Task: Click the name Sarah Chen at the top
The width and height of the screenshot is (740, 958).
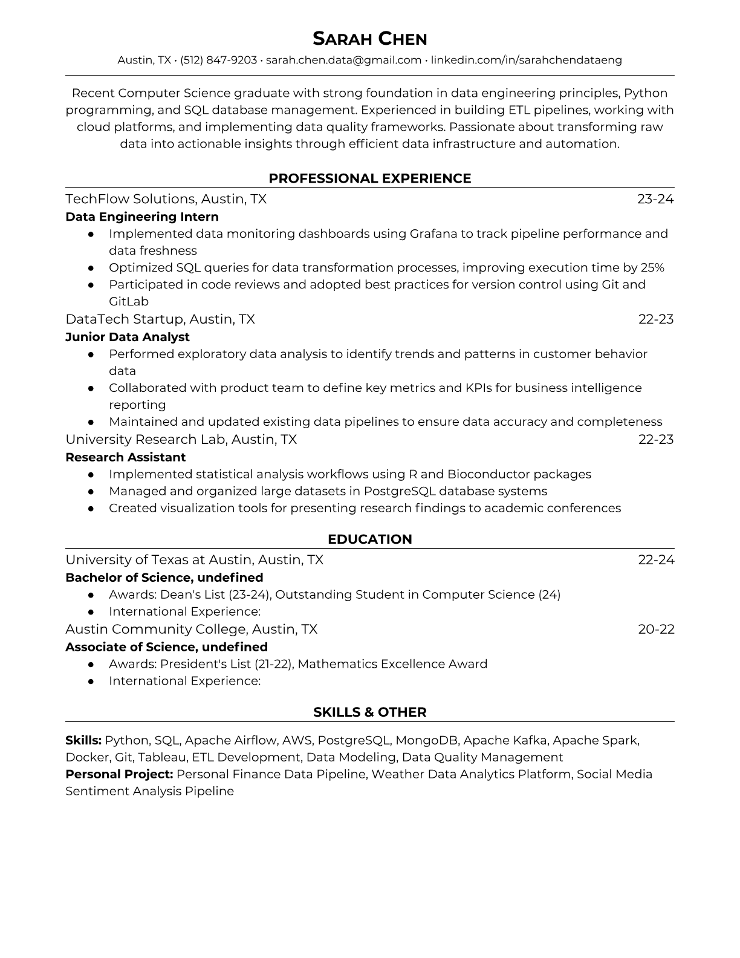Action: coord(369,39)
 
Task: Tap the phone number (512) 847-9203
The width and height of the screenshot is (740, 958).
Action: coord(218,60)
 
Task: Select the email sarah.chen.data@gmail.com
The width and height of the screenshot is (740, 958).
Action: coord(343,60)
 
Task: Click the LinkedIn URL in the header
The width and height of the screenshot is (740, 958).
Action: coord(526,60)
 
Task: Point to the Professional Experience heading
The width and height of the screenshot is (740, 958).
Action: coord(369,178)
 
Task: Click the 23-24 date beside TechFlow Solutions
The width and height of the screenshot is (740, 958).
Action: coord(655,199)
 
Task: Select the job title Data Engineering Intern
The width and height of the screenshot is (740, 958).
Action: coord(142,217)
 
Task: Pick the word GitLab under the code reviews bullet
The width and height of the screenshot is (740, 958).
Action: coord(128,301)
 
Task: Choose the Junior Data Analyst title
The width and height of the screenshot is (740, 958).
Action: coord(128,337)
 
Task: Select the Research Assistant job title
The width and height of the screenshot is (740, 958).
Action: coord(125,457)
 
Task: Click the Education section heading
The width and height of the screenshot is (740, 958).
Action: coord(369,539)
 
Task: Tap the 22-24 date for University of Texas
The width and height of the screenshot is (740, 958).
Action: coord(656,560)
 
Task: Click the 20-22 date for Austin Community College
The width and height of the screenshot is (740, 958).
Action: coord(656,629)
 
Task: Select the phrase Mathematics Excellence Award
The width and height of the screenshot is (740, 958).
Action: coord(392,664)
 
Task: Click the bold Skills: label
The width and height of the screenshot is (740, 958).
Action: coord(83,740)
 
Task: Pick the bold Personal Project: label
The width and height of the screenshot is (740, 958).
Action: coord(119,774)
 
